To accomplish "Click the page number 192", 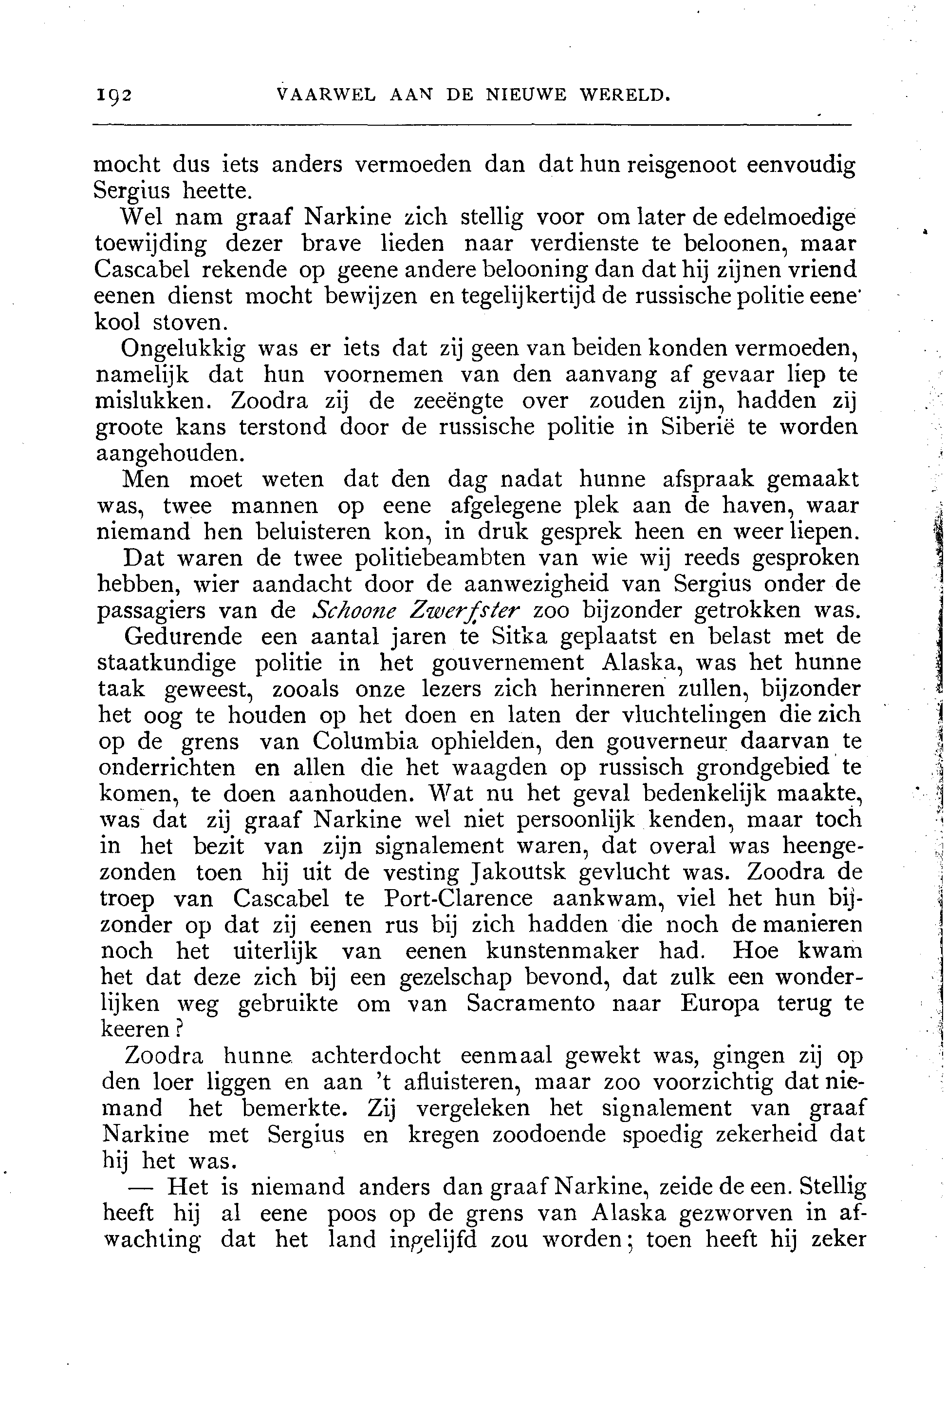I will [113, 95].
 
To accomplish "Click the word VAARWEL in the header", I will [325, 95].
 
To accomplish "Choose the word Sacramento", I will [530, 1004].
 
